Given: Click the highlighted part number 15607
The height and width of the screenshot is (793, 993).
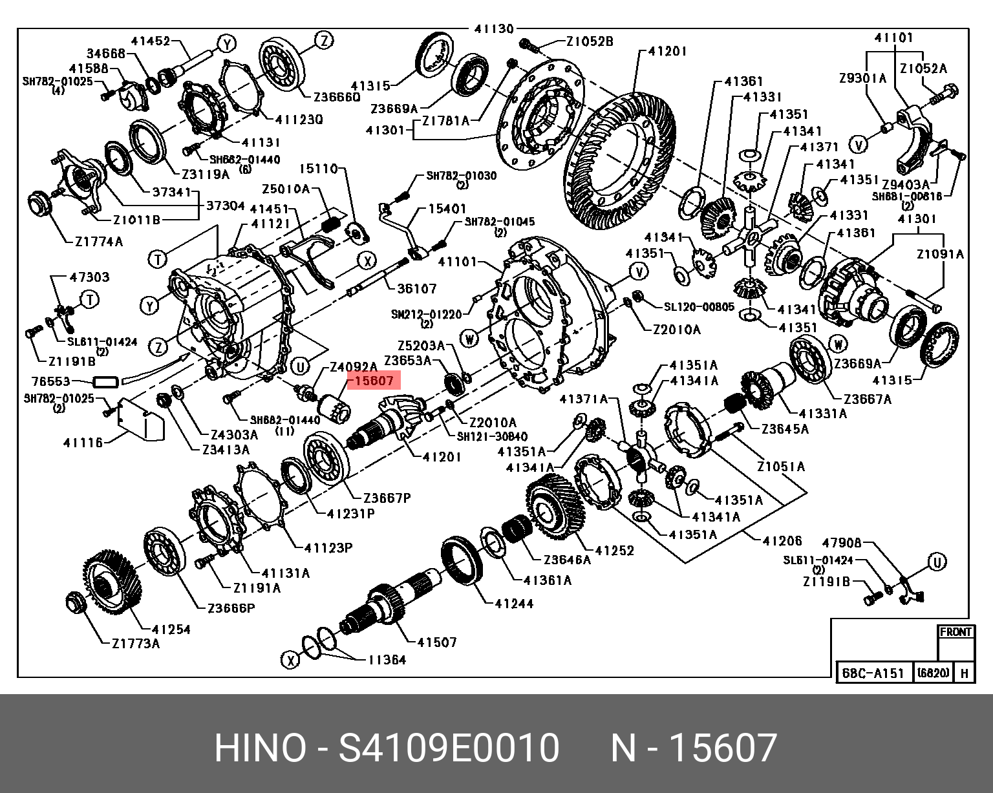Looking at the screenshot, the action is [374, 381].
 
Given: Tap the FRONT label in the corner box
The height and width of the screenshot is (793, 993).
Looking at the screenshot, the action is [956, 631].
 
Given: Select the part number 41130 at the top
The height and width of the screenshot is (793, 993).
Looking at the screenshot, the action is [494, 29].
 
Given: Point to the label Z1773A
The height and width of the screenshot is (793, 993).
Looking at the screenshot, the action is [136, 644].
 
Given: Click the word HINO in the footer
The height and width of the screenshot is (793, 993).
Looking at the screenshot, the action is [260, 748].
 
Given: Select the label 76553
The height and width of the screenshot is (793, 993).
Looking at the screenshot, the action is [51, 381].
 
